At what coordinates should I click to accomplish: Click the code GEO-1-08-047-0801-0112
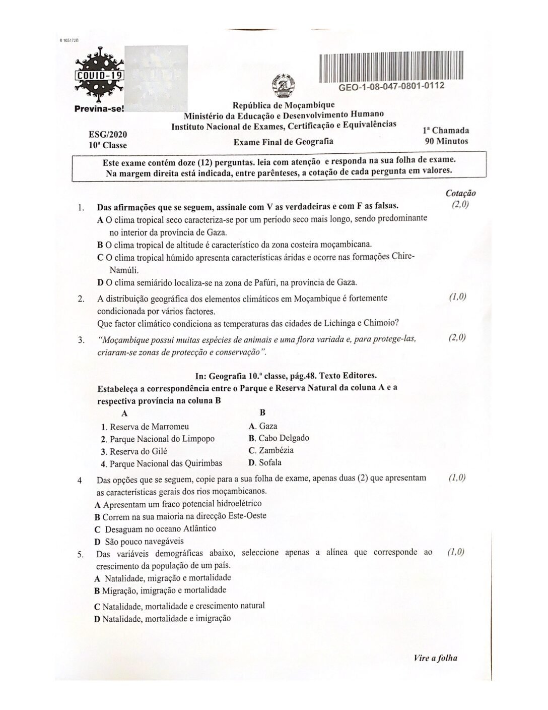(391, 86)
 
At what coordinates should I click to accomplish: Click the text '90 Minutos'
(446, 141)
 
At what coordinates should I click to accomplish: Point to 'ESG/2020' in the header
(107, 135)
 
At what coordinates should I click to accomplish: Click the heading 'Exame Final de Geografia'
(284, 142)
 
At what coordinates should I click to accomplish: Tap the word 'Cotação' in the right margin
(460, 194)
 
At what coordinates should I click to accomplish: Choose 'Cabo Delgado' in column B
(284, 438)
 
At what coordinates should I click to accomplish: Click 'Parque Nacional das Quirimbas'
(166, 463)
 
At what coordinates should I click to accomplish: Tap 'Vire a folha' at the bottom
(435, 658)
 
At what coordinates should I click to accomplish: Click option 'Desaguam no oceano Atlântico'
(160, 529)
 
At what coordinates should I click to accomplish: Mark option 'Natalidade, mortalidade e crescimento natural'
(183, 606)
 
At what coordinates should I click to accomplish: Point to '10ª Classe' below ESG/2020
(107, 146)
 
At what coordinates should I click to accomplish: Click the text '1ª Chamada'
(446, 130)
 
